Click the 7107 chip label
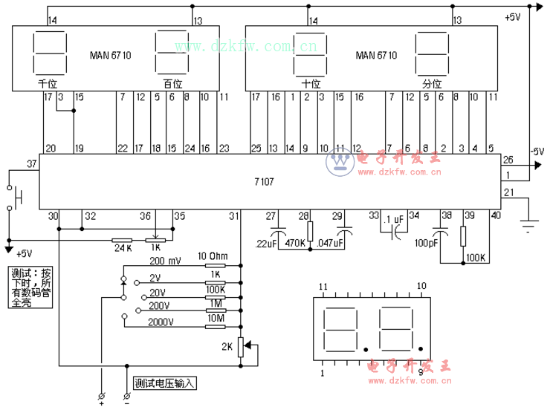tap(262, 180)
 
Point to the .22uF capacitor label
tap(265, 244)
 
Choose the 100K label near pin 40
tap(476, 258)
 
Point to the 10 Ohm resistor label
tap(213, 257)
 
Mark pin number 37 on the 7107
tap(31, 163)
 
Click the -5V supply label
tap(537, 150)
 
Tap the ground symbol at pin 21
tap(528, 224)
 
